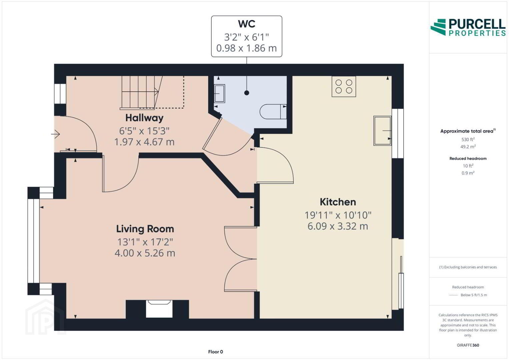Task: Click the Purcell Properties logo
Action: (x=468, y=27)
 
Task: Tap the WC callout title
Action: (x=247, y=24)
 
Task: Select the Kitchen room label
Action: (x=338, y=202)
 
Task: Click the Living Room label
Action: (x=145, y=229)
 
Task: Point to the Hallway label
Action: (x=145, y=118)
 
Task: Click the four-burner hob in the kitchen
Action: (x=344, y=86)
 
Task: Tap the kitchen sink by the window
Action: (x=383, y=131)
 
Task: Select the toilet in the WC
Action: (x=273, y=112)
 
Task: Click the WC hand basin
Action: (x=220, y=94)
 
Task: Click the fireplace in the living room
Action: (x=159, y=309)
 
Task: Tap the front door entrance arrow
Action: (x=55, y=134)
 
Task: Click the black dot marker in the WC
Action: (x=247, y=93)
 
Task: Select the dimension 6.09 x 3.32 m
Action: (x=338, y=226)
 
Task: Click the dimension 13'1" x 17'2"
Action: (x=145, y=242)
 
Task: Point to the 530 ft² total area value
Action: (x=468, y=139)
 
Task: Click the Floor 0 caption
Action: (x=215, y=352)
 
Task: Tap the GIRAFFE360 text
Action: (x=468, y=345)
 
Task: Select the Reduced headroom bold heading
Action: (x=468, y=158)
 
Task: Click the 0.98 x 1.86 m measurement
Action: (x=247, y=48)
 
